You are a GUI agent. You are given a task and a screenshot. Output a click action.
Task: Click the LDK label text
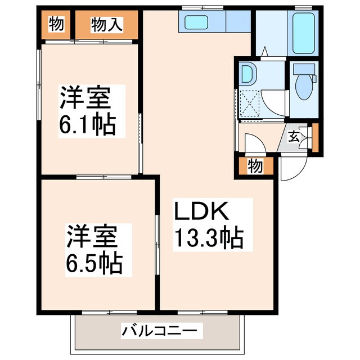[x=201, y=211]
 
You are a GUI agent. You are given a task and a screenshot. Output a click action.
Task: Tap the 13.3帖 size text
[x=209, y=238]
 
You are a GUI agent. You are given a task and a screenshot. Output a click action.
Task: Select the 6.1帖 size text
[x=87, y=124]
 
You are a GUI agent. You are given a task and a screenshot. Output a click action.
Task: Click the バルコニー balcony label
[x=160, y=331]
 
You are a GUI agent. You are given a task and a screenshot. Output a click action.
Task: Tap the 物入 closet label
[x=106, y=25]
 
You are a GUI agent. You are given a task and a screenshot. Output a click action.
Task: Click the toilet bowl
[x=304, y=87]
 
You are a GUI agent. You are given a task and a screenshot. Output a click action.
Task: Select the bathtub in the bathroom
[x=303, y=33]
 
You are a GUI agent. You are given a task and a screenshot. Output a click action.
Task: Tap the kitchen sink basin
[x=196, y=22]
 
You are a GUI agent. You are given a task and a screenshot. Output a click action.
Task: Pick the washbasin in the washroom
[x=247, y=74]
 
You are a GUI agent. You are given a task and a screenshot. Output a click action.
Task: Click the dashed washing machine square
[x=250, y=103]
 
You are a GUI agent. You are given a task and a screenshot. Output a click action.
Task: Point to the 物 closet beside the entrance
[x=255, y=166]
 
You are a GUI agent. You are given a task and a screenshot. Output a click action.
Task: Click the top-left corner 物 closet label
[x=56, y=24]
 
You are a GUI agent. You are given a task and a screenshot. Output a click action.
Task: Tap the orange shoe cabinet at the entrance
[x=315, y=137]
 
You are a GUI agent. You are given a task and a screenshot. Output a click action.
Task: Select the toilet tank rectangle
[x=304, y=69]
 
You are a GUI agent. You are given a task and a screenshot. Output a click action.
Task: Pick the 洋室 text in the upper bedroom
[x=85, y=97]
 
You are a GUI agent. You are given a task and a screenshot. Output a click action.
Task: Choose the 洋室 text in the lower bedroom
[x=92, y=236]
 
